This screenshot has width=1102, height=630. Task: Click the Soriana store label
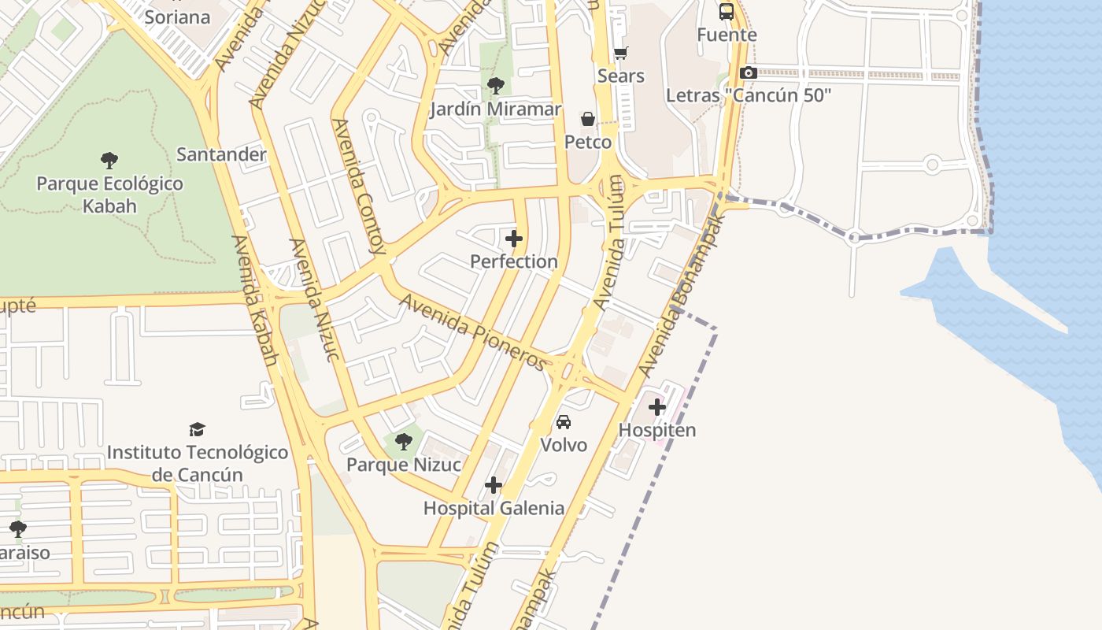pos(178,17)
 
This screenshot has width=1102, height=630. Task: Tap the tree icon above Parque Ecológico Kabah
pos(109,161)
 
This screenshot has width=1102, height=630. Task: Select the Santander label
pos(221,154)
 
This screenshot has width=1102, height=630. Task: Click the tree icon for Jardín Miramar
pos(495,86)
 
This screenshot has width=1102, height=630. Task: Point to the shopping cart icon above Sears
pos(621,54)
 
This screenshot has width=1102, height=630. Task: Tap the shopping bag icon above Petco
pos(588,119)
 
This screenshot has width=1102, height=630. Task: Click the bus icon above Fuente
pos(727,12)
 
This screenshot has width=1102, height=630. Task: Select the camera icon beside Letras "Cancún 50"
pos(748,73)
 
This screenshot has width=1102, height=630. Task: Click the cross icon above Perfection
pos(514,238)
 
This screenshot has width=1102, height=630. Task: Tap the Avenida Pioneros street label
pos(473,332)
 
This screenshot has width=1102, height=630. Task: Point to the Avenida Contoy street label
pos(359,187)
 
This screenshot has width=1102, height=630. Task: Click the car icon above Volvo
pos(564,422)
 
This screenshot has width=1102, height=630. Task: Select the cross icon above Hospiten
pos(657,407)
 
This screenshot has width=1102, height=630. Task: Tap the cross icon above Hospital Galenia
pos(494,485)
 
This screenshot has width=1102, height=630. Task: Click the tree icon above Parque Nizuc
pos(404,442)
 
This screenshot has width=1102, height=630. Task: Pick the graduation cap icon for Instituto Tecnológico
pos(197,429)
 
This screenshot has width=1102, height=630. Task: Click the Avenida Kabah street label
pos(256,300)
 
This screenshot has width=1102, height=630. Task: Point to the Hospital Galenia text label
pos(494,508)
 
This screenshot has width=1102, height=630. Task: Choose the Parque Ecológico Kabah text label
pos(109,195)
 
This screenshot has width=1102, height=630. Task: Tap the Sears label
pos(621,76)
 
